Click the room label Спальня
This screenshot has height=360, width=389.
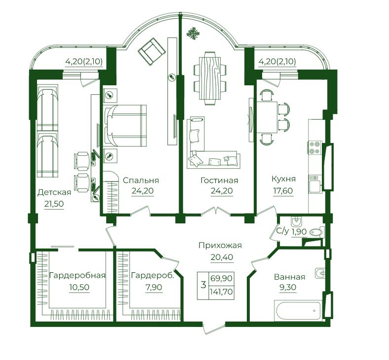[141, 180]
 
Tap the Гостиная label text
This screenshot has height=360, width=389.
[219, 180]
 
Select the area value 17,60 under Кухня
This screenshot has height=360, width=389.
[283, 191]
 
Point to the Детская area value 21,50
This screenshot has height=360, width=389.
[54, 204]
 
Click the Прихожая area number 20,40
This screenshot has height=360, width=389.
[222, 257]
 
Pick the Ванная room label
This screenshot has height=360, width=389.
[289, 277]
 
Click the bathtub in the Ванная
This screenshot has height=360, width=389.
[298, 311]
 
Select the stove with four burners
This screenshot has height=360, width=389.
[315, 147]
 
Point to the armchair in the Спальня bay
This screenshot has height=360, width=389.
[152, 52]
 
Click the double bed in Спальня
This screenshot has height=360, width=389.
[125, 126]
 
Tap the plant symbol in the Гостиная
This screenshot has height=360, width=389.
[193, 34]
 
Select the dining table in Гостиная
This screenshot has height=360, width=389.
[210, 78]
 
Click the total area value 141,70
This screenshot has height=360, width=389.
[221, 291]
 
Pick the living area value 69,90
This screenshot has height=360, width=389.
[221, 278]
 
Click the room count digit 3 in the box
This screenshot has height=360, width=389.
[203, 285]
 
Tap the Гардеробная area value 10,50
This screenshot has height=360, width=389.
[79, 287]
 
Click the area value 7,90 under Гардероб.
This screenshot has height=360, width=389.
[154, 287]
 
